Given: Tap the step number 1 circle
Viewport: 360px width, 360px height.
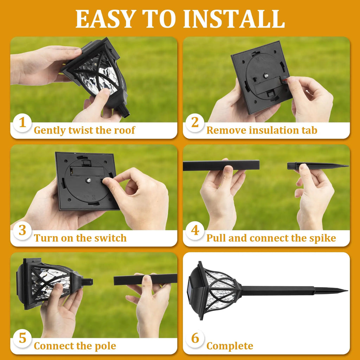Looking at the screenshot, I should pyautogui.click(x=22, y=123).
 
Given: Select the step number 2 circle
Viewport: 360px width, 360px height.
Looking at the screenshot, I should pyautogui.click(x=195, y=123).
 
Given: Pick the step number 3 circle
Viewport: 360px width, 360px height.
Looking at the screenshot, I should pyautogui.click(x=22, y=231).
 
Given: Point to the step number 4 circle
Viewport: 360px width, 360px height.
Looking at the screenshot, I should pyautogui.click(x=195, y=231).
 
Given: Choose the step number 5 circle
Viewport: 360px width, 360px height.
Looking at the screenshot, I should pyautogui.click(x=22, y=339).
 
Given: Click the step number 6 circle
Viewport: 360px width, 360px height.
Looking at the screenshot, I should pyautogui.click(x=195, y=339).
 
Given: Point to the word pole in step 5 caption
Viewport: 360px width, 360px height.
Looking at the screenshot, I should pyautogui.click(x=104, y=346).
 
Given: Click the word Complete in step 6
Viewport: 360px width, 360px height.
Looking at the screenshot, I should pyautogui.click(x=230, y=346).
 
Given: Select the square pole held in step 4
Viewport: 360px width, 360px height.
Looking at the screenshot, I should pyautogui.click(x=221, y=165).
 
